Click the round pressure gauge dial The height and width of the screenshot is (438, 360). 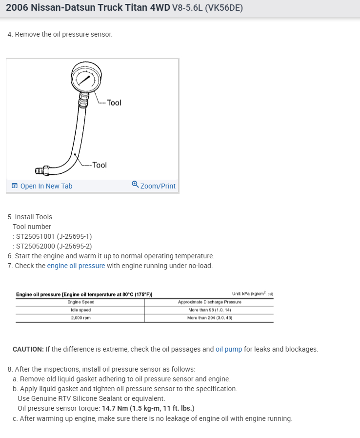86,78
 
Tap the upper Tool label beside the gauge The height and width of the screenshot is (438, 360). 114,103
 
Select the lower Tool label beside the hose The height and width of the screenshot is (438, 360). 100,165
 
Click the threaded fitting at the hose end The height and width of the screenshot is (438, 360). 42,171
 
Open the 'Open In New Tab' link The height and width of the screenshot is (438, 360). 46,186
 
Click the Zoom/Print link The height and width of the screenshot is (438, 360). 158,186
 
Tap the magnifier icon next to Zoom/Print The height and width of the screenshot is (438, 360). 135,185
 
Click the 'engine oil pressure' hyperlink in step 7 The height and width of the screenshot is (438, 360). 76,266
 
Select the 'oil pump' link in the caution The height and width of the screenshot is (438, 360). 229,349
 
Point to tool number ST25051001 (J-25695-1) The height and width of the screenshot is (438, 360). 54,236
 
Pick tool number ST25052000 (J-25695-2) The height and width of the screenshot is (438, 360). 54,246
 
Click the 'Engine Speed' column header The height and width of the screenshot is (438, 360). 80,302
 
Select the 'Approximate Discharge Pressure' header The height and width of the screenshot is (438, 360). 209,302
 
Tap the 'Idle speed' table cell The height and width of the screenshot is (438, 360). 80,310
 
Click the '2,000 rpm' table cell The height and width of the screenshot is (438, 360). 80,317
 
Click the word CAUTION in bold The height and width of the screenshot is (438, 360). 28,349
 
